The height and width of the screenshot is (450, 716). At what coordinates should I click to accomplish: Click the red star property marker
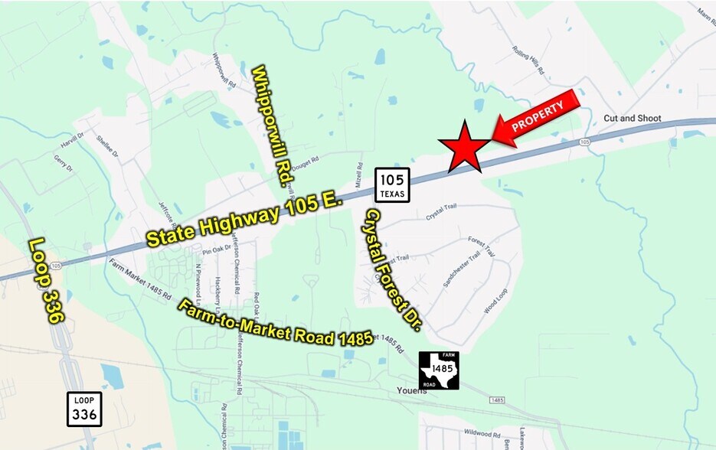coord(464,147)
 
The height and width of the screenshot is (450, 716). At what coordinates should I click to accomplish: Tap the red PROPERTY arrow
coord(537,116)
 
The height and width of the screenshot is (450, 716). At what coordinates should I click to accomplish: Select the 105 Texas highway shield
coord(392,184)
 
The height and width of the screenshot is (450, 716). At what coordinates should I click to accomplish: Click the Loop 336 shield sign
coord(83,409)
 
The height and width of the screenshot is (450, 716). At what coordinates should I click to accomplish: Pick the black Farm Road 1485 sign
coord(439,370)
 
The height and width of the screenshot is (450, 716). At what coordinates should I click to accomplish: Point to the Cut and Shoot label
coord(632,119)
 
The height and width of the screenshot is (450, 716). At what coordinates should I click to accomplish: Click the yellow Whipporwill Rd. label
coord(272,126)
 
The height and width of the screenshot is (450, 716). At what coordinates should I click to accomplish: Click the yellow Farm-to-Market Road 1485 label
coord(276,324)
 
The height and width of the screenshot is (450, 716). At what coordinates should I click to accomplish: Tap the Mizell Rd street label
coord(358,175)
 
